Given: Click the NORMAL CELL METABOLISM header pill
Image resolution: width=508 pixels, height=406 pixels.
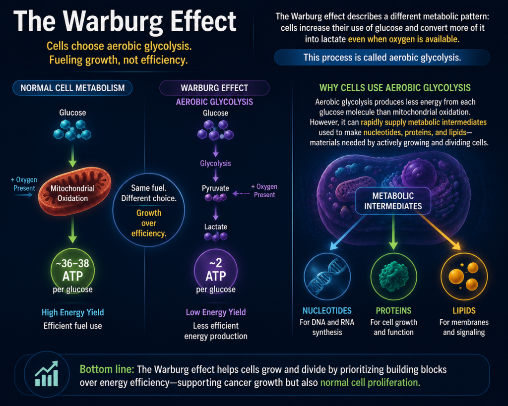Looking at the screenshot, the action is pos(72,88).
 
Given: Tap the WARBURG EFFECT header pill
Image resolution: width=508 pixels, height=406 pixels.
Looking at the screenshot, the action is pos(214,88).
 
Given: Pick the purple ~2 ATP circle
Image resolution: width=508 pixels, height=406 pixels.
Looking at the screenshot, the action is pos(216,271).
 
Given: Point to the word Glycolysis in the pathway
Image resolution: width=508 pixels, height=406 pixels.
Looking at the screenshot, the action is pos(215,163).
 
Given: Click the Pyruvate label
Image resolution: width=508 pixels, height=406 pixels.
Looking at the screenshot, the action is pos(215,188).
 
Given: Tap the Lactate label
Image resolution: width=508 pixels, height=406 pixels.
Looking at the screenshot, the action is pos(216,227).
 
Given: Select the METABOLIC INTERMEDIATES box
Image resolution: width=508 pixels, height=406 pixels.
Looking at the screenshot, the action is pos(393,201).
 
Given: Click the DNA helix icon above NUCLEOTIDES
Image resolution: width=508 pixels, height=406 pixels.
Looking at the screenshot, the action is pos(327,277).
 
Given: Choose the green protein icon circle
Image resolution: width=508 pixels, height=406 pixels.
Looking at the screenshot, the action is pos(393,277).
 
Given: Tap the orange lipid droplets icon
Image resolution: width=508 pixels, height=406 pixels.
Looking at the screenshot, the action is pos(464,277).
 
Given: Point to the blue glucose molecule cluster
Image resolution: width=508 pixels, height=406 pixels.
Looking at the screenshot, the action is pos(72,130).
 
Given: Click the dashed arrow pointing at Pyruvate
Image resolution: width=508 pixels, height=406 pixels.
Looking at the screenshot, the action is pos(241,194).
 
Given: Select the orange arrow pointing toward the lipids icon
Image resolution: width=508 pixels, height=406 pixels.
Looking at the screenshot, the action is pos(440,232).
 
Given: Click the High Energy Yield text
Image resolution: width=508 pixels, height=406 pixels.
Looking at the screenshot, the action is pos(72,312).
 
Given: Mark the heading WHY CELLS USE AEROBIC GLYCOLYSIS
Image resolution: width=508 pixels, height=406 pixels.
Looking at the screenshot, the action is pos(395,88).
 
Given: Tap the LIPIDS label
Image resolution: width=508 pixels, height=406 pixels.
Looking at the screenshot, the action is pos(464,311).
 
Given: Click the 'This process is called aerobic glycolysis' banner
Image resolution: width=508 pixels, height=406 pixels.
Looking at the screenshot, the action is pos(382,58).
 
